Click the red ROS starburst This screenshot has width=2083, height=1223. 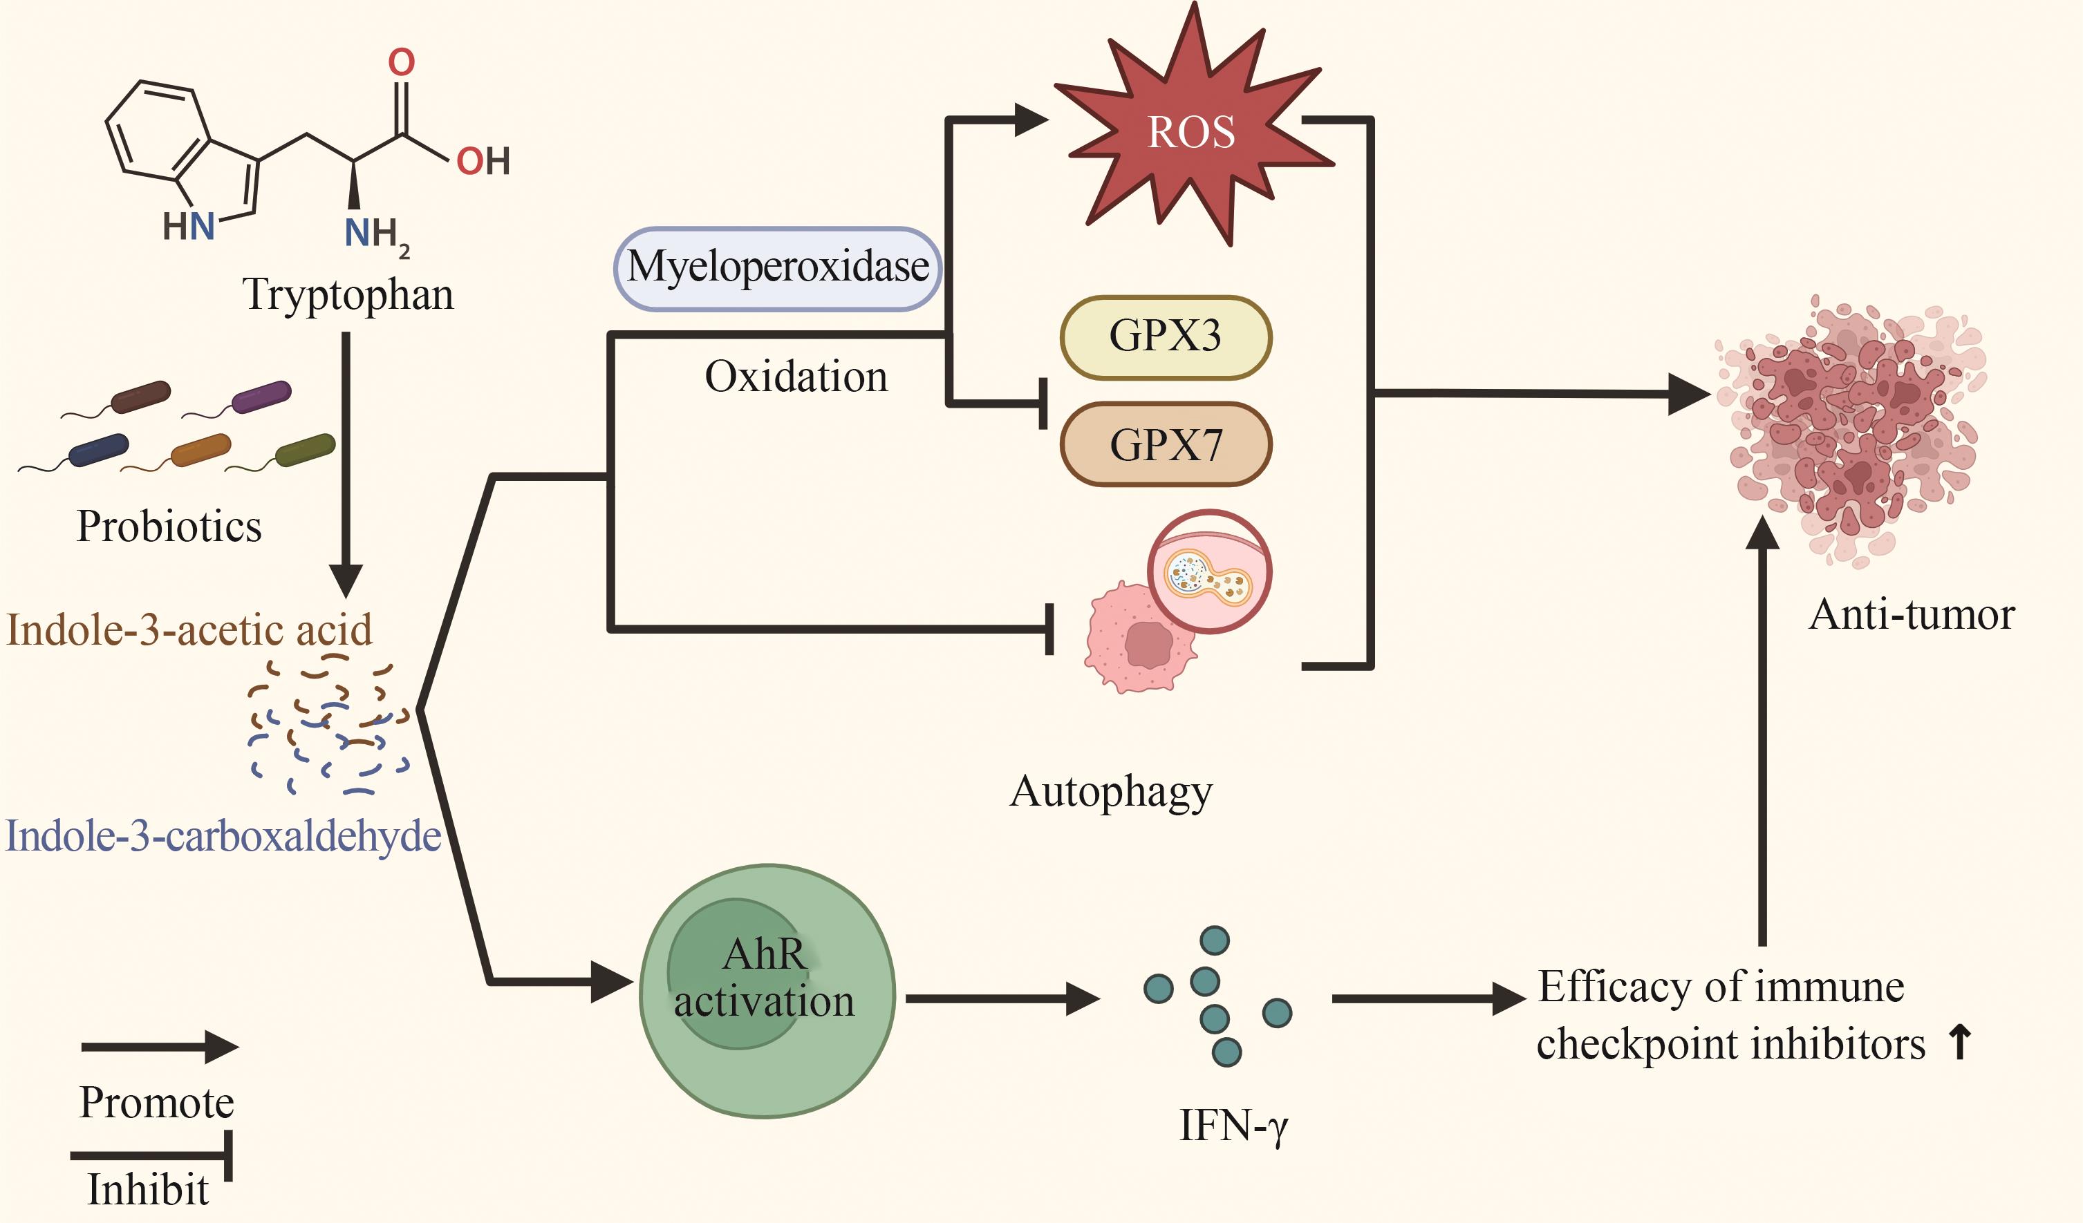coord(1191,132)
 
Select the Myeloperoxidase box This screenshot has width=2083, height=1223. coord(778,267)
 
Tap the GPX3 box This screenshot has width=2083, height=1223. coord(1166,336)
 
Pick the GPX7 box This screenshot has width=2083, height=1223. coord(1166,444)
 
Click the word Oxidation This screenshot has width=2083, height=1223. coord(796,377)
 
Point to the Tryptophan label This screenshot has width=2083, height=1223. coord(348,295)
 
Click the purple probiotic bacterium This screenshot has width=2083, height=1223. coord(261,396)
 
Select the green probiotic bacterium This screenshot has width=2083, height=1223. coord(305,450)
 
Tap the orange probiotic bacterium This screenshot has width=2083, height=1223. coord(201,450)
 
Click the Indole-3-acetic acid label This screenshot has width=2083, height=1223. coord(189,629)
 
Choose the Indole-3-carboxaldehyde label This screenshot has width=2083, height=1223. coord(223,836)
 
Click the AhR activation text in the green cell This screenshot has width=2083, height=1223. coord(765,978)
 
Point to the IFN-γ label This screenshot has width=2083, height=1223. coord(1233,1126)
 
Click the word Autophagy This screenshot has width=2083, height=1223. coord(1111,792)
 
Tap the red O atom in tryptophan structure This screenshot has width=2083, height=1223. coord(402,62)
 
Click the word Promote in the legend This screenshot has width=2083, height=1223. coord(157,1102)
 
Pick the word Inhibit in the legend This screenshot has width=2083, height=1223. coord(149,1190)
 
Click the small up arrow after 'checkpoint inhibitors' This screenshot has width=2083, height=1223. coord(1960,1043)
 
